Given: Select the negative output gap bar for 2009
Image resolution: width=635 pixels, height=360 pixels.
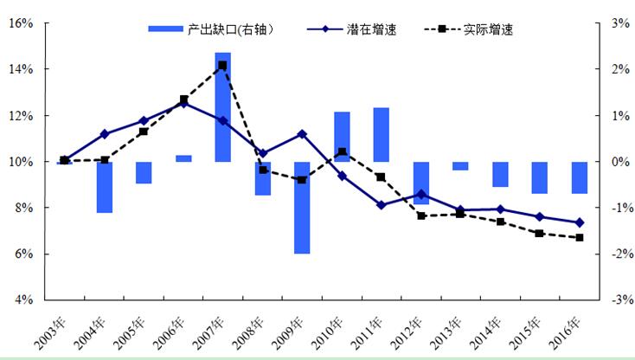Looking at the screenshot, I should point(302,208).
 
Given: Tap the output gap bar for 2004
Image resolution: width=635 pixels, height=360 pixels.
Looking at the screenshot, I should point(104,187).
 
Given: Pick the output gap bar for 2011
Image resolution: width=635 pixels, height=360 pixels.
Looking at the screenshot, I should point(381,134).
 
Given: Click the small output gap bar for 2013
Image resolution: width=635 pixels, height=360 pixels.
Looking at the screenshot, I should point(460,165).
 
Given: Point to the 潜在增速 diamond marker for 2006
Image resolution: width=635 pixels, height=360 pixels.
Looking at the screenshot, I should point(183,103).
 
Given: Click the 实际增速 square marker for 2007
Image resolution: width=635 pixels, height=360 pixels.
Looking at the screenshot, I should point(222,65).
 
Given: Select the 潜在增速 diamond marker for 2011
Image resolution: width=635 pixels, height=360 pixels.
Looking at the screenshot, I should point(381,205).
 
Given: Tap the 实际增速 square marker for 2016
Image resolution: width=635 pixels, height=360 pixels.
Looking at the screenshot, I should point(580,238).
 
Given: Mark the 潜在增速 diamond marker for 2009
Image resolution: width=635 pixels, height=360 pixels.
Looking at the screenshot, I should point(302,134).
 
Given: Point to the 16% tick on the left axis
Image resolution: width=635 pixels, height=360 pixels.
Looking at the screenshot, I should point(21,23).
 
